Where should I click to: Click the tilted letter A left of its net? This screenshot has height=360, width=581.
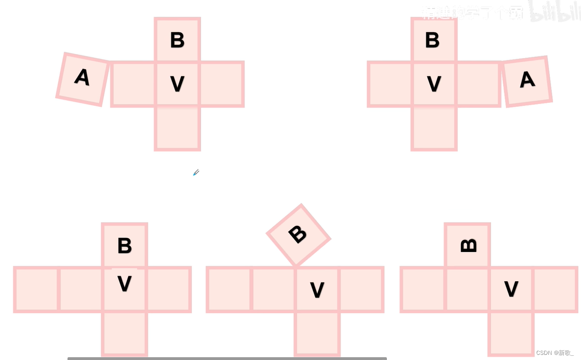coord(82,77)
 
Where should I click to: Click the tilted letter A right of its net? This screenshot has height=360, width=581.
coord(527,80)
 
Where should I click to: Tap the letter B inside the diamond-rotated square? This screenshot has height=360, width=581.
coord(298,234)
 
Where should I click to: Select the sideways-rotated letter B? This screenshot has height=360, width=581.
coord(468,245)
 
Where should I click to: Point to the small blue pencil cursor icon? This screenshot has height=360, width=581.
coord(196,173)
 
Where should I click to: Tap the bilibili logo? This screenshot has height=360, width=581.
coord(554,14)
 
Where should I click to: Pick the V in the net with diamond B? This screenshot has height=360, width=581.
coord(317,290)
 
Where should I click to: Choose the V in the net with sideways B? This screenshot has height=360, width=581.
coord(511,289)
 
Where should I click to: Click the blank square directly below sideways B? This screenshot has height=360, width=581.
coord(467,289)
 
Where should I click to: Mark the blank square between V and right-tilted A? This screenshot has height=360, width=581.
coord(478,84)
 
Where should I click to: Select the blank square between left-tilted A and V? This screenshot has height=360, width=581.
coord(133,84)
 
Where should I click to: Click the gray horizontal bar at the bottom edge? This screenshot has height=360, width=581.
coord(227,358)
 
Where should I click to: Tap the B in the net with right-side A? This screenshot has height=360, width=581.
coord(432,40)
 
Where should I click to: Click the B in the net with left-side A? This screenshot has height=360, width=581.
coord(177,40)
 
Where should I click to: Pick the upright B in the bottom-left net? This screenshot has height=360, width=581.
coord(125,246)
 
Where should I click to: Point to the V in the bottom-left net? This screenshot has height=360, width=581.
coord(124,284)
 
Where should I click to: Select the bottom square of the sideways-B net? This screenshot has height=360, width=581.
coord(511,333)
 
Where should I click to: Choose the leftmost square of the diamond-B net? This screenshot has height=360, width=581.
coord(229,289)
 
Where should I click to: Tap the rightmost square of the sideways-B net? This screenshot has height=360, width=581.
coord(555,289)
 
